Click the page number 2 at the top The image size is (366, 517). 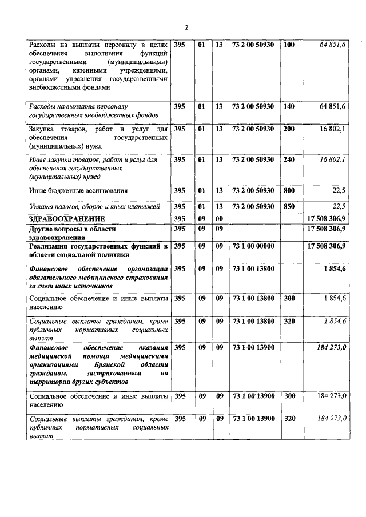pos(186,27)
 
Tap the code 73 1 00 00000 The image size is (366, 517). pos(253,246)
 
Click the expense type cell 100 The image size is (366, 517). pos(289,45)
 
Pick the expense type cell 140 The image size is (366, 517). pos(289,106)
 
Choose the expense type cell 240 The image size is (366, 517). pos(289,159)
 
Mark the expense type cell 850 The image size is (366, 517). pos(289,206)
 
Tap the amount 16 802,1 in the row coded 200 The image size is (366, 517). pos(332,129)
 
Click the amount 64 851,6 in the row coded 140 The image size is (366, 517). pos(331,106)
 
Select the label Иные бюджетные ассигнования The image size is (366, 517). pos(78,190)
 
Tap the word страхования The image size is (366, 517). pos(143,278)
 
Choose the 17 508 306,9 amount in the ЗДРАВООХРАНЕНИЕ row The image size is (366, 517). pos(327,219)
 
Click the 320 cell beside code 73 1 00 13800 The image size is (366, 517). pos(289,322)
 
